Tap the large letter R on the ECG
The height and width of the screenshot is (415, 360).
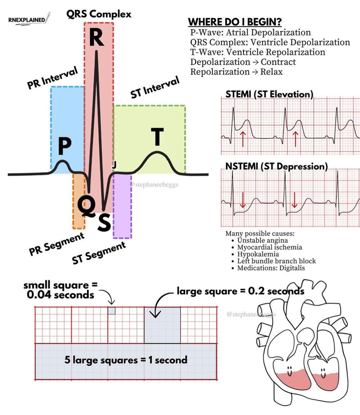[97, 38]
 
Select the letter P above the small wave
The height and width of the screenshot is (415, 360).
[65, 147]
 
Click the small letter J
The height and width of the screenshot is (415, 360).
[114, 165]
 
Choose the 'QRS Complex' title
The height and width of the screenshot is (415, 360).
[99, 14]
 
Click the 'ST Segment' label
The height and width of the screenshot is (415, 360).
[99, 253]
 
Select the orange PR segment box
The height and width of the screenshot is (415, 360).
[79, 201]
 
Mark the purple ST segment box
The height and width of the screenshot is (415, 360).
[122, 206]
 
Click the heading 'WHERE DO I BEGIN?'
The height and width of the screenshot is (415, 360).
[235, 22]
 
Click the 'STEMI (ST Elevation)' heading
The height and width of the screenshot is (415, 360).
[269, 94]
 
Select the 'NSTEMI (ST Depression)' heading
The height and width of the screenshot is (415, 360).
[276, 166]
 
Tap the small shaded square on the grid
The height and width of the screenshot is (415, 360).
[112, 311]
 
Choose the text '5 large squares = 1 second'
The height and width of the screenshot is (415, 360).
[126, 360]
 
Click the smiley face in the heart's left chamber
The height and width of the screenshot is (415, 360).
[289, 371]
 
